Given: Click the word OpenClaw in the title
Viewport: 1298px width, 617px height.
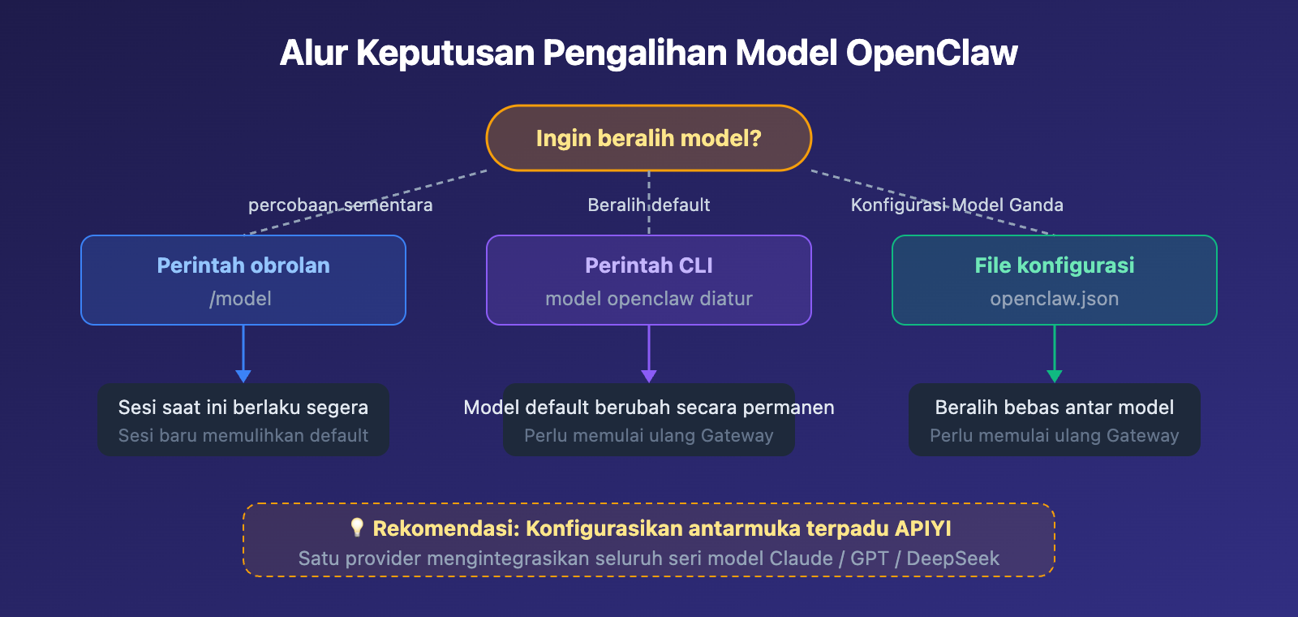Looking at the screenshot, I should click(x=931, y=54).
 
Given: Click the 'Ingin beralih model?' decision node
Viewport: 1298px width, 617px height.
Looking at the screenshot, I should click(x=648, y=138).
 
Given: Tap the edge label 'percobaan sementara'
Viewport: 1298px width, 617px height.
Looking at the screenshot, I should click(x=340, y=205).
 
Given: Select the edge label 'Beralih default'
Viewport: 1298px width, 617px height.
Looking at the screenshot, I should click(x=648, y=205).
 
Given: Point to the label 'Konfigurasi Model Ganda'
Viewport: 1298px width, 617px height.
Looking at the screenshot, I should click(x=956, y=205).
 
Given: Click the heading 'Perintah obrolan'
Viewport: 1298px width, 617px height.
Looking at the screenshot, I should click(x=243, y=265).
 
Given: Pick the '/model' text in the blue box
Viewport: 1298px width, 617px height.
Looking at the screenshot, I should click(x=241, y=299).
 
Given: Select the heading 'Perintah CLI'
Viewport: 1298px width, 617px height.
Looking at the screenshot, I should click(x=648, y=265).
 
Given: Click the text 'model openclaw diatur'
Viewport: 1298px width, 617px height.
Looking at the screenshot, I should click(x=648, y=299).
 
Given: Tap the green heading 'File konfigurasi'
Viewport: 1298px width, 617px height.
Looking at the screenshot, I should click(x=1054, y=265).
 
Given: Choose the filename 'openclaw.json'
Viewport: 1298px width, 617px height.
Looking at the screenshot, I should click(x=1054, y=299).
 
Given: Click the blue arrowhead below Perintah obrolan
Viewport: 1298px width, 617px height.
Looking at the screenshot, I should click(x=243, y=376).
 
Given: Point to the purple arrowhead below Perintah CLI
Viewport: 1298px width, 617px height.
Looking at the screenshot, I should click(x=648, y=376).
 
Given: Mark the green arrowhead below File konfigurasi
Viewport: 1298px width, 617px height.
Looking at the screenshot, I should click(x=1054, y=376).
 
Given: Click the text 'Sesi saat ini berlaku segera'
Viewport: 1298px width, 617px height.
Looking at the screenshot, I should click(x=243, y=408).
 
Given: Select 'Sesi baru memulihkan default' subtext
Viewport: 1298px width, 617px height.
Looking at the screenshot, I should click(x=243, y=436).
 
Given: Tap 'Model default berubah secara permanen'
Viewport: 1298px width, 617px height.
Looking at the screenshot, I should click(x=648, y=408).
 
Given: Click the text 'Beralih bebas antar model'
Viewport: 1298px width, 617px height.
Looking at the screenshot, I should click(x=1054, y=408).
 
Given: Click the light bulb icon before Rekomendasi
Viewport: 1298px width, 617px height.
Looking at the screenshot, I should click(x=357, y=528).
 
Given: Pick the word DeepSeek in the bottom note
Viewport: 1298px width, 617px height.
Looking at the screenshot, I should click(x=952, y=559).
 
